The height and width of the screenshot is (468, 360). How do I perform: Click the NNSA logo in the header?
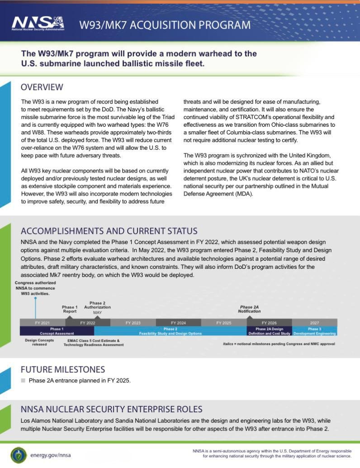pos(38,23)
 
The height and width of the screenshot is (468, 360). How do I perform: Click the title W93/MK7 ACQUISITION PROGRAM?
pos(165,24)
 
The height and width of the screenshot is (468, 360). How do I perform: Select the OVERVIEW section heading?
pos(42,87)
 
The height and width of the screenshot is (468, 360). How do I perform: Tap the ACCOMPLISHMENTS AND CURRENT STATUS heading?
pos(109,231)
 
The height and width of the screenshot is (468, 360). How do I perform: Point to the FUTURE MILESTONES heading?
pos(63,369)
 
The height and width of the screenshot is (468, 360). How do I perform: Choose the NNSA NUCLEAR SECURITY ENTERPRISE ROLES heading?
pos(111,409)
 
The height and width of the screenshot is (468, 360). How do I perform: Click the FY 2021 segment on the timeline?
pos(42,323)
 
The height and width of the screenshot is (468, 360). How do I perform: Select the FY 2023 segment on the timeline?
pos(133,323)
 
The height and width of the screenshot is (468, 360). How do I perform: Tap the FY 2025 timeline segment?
pos(224,323)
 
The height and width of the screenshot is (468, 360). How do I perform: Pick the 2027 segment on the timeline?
pos(314,323)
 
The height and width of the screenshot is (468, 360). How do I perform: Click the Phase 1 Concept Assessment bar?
pos(57,331)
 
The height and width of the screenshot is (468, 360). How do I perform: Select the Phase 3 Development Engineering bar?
pos(314,331)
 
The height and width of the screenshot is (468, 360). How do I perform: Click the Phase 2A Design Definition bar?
pos(269,331)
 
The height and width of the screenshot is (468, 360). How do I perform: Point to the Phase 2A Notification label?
pos(250,309)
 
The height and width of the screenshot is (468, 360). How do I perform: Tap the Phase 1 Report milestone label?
pos(70,309)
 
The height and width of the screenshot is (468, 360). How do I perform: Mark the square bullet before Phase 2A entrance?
pos(23,381)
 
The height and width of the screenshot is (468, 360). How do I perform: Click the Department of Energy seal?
pos(18,454)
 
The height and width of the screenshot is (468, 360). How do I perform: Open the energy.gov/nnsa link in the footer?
pos(50,455)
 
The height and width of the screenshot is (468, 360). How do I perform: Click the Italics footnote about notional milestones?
pos(279,344)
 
